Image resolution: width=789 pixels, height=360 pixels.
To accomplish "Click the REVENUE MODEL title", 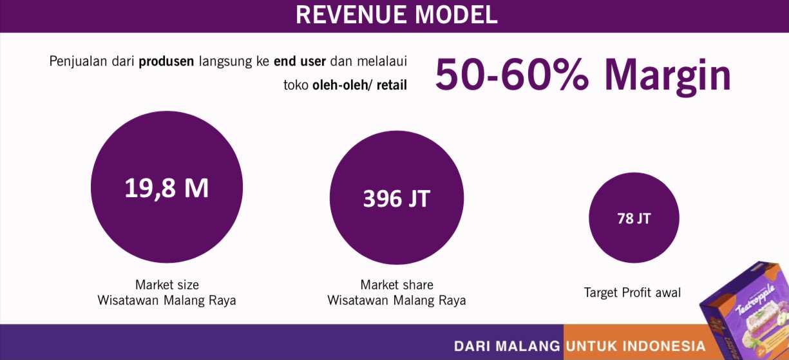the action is click(x=396, y=15).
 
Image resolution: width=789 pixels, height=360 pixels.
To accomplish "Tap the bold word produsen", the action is click(x=166, y=62).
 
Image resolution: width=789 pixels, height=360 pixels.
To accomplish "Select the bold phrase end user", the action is click(x=299, y=61).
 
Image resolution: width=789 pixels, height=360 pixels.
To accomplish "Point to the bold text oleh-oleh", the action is click(x=340, y=85).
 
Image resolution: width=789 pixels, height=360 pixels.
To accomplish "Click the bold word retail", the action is click(x=392, y=85).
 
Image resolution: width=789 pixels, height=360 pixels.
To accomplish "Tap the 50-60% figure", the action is click(x=512, y=75).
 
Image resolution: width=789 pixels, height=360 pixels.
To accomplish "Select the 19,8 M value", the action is click(x=167, y=188).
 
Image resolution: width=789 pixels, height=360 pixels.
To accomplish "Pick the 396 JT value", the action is click(x=397, y=198).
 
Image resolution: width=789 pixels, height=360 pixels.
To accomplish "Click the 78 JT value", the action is click(x=634, y=218).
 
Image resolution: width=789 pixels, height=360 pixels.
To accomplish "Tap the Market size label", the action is click(x=167, y=285).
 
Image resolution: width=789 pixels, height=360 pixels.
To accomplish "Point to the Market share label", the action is click(x=397, y=285).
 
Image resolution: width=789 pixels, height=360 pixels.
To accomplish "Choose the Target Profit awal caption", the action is click(x=632, y=293).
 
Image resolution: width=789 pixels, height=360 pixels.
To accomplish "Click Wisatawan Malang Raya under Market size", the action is click(x=167, y=301).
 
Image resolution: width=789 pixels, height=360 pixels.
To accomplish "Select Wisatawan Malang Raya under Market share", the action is click(x=397, y=301).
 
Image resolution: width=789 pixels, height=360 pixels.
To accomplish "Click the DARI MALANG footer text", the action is click(x=507, y=346).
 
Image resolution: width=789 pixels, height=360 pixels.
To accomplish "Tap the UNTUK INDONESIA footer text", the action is click(x=636, y=346).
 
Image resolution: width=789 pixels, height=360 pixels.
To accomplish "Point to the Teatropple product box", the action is click(x=745, y=312).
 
